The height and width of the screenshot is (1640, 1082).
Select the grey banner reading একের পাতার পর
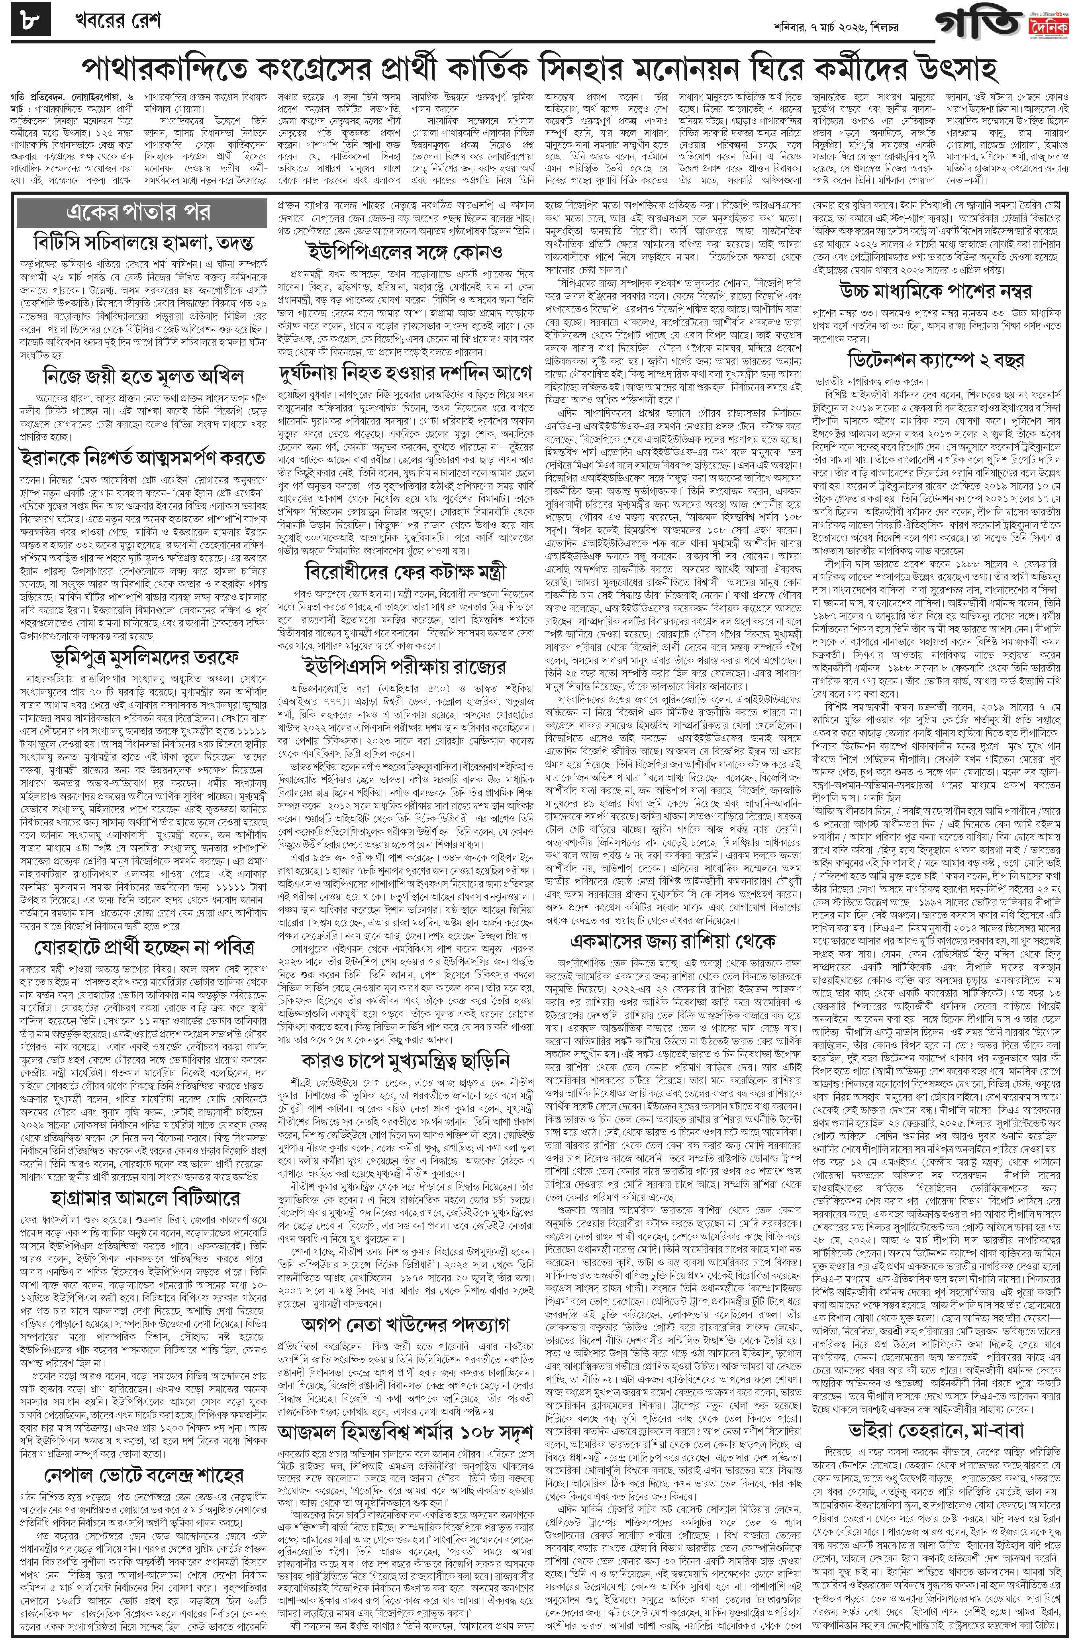[142, 212]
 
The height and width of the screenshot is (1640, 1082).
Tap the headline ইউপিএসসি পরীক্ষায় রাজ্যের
[406, 666]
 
